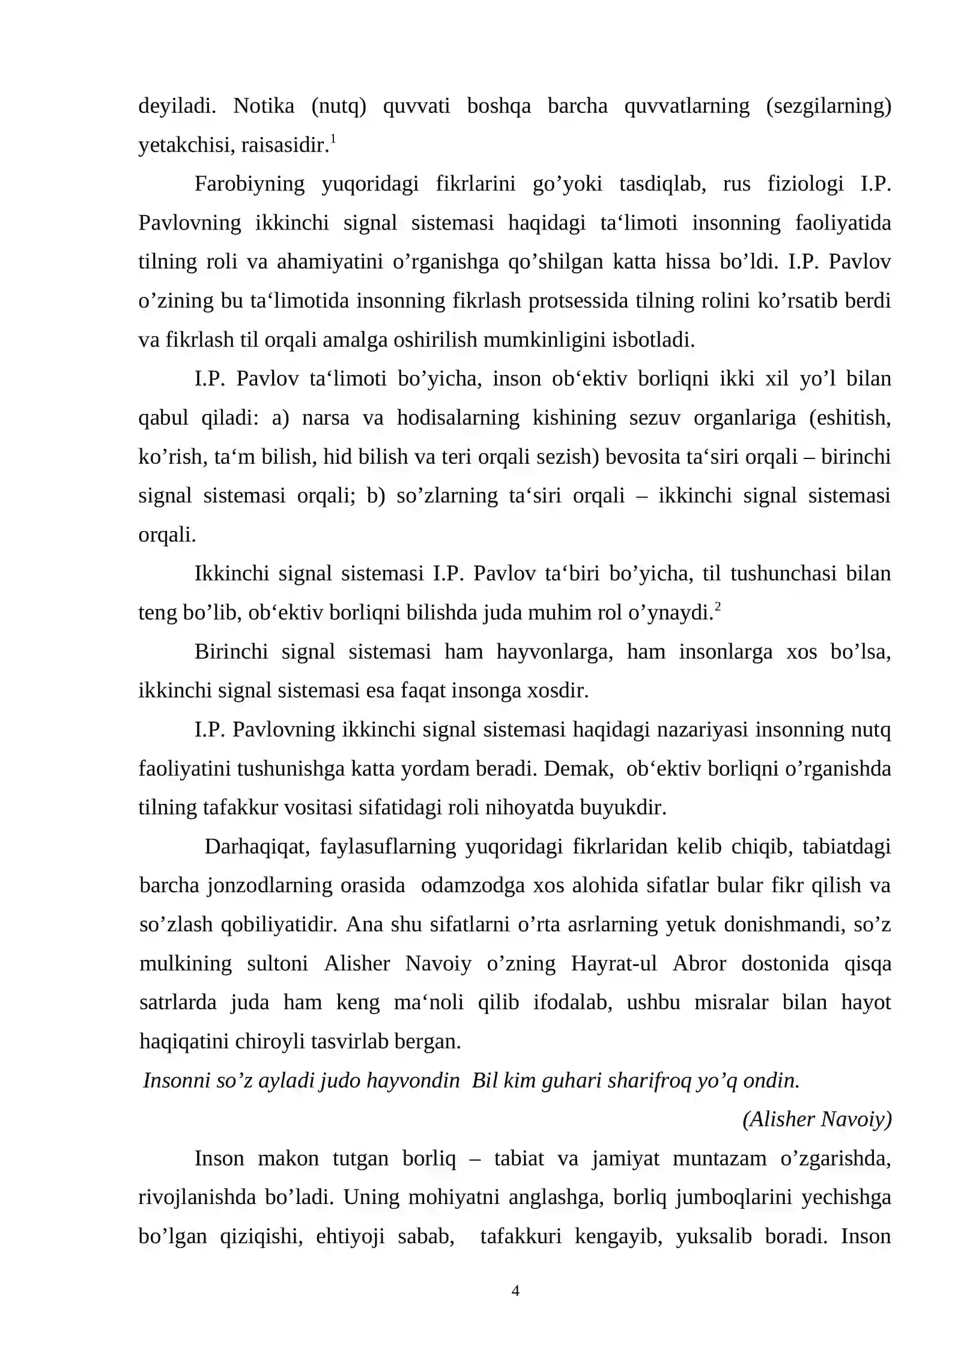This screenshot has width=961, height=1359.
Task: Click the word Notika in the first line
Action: pyautogui.click(x=264, y=106)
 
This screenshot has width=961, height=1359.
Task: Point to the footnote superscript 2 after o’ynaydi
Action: pyautogui.click(x=717, y=607)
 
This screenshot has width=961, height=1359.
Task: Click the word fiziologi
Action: pyautogui.click(x=805, y=184)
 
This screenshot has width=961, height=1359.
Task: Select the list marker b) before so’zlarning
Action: pyautogui.click(x=375, y=496)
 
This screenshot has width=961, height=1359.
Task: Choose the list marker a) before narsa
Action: pyautogui.click(x=280, y=418)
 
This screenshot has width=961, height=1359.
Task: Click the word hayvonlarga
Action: pyautogui.click(x=554, y=652)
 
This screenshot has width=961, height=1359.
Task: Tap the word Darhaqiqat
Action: pyautogui.click(x=256, y=847)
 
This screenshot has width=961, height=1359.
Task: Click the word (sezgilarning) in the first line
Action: pyautogui.click(x=828, y=106)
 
